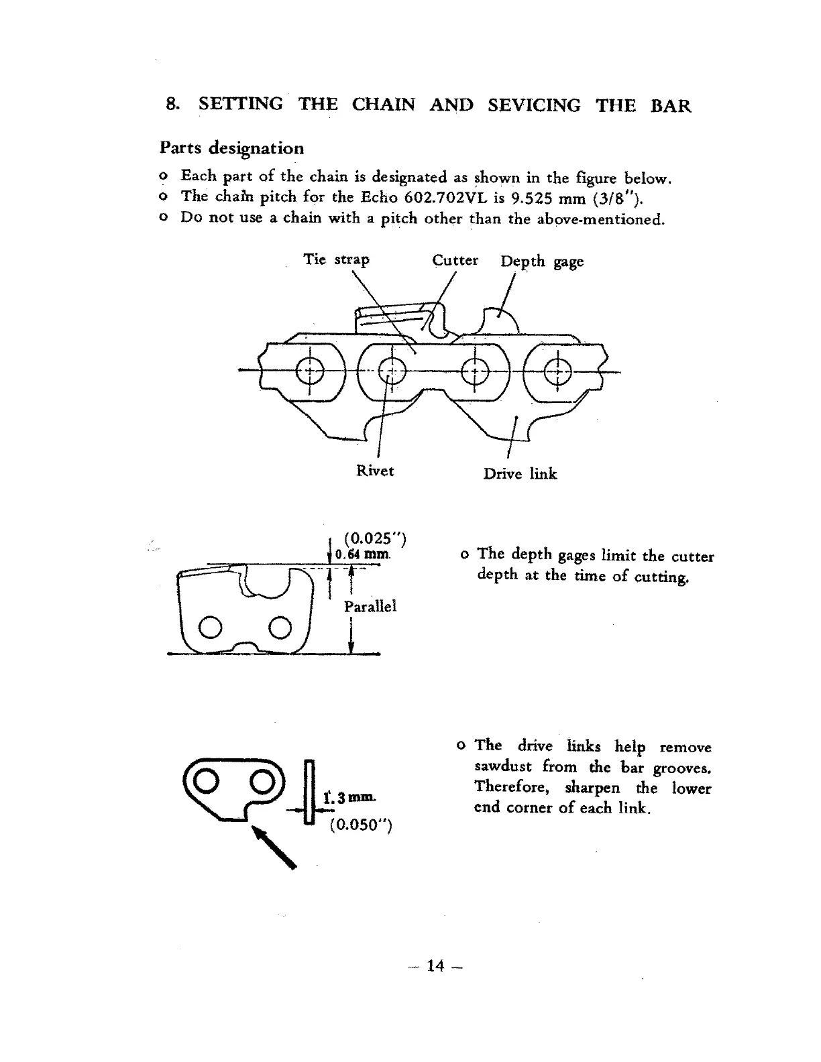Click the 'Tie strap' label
[336, 259]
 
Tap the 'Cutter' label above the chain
[455, 260]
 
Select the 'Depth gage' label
[542, 261]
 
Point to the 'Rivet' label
[375, 471]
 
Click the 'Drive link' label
[520, 474]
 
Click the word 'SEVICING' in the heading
[534, 105]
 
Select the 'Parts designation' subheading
[232, 147]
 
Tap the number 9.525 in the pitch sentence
[535, 198]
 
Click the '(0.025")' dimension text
[374, 538]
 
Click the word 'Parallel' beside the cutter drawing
[370, 606]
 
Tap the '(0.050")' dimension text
[360, 825]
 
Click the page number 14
[435, 966]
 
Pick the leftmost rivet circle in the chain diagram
[310, 370]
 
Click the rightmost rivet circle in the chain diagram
[557, 370]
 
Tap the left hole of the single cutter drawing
[209, 628]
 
